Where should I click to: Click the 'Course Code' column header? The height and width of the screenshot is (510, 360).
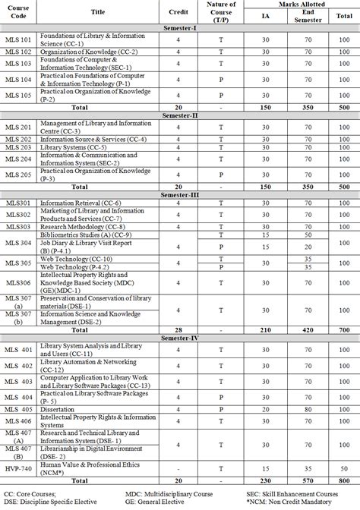click(x=18, y=11)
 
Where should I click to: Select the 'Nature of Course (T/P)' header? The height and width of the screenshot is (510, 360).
click(x=221, y=11)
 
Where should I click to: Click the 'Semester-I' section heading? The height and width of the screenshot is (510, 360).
click(x=180, y=27)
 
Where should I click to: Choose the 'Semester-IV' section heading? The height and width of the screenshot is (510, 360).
click(x=180, y=338)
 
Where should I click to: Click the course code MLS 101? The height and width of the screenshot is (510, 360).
click(x=18, y=38)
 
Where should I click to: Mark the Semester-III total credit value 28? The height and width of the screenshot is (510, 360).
click(x=177, y=330)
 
